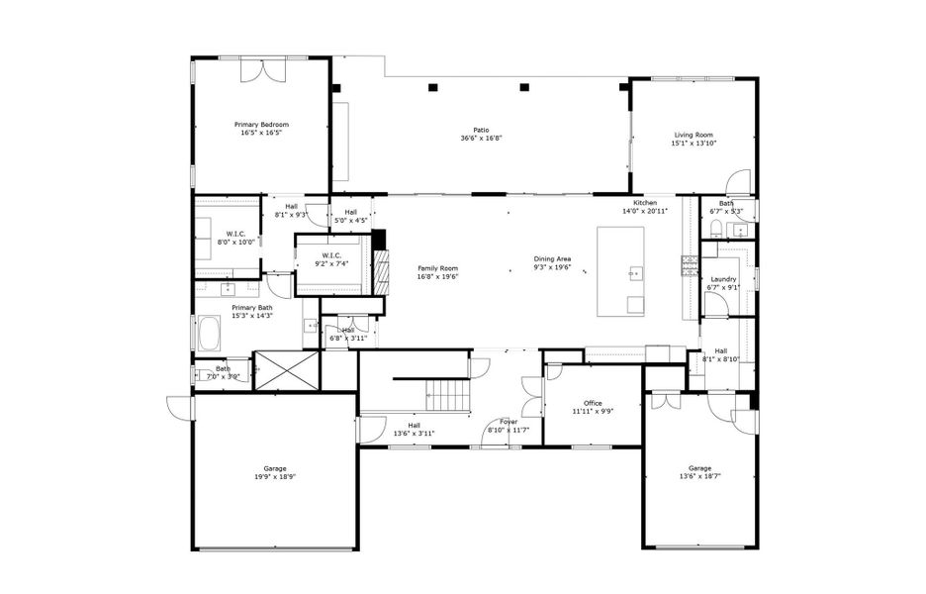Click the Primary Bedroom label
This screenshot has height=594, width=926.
pyautogui.click(x=261, y=125)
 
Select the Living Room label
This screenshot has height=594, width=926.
pyautogui.click(x=694, y=135)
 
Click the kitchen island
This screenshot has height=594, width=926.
pyautogui.click(x=620, y=271)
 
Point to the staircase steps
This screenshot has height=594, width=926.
pyautogui.click(x=447, y=395)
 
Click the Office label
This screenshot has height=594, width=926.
pyautogui.click(x=593, y=403)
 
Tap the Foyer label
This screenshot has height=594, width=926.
pyautogui.click(x=509, y=422)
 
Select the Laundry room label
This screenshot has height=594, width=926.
pyautogui.click(x=723, y=279)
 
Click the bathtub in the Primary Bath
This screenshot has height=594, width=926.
pyautogui.click(x=209, y=334)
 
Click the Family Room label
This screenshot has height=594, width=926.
pyautogui.click(x=437, y=268)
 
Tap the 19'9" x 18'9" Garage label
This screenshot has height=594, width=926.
pyautogui.click(x=274, y=468)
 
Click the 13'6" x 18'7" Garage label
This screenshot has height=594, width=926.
pyautogui.click(x=699, y=468)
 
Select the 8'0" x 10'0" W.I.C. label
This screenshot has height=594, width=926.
pyautogui.click(x=234, y=234)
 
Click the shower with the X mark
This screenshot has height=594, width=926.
pyautogui.click(x=287, y=370)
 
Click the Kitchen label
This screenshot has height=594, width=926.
pyautogui.click(x=645, y=203)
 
